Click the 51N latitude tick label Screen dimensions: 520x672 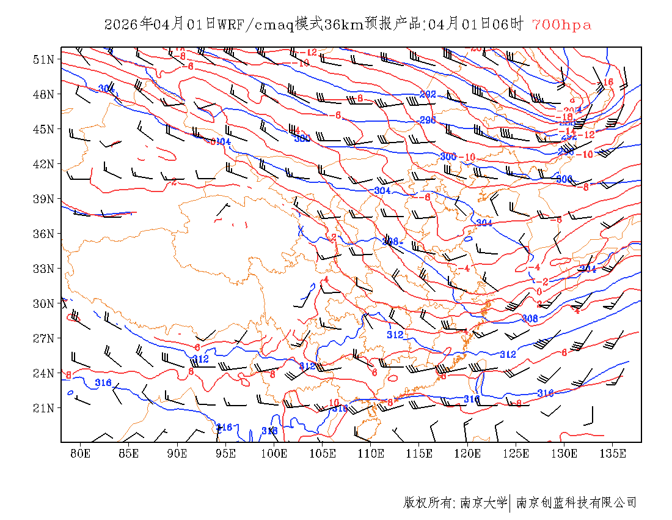(x=45, y=59)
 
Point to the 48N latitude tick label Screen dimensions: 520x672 (x=45, y=94)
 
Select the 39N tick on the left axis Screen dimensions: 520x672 (x=45, y=199)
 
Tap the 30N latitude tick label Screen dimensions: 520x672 (x=45, y=303)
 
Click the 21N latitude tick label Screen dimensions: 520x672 (x=45, y=408)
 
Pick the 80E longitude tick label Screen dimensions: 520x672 (x=81, y=453)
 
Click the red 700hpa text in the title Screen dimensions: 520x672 (x=561, y=25)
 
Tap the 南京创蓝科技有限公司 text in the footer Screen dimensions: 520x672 (x=576, y=503)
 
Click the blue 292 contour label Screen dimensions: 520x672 (x=428, y=94)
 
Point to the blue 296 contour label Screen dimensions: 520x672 (x=428, y=120)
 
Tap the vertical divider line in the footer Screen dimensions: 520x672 (x=510, y=503)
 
